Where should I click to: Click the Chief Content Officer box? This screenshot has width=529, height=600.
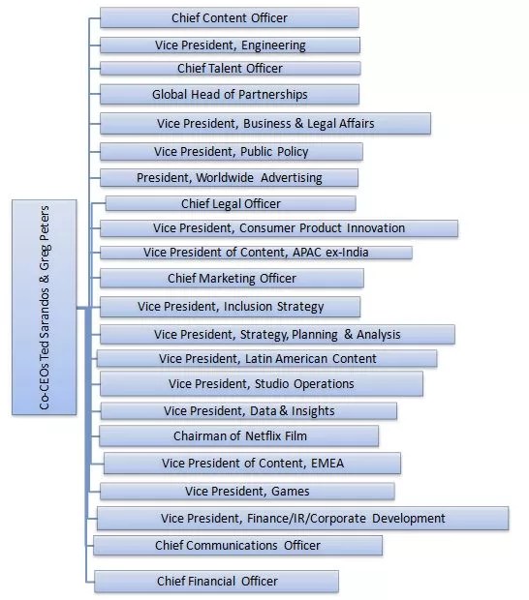tap(230, 17)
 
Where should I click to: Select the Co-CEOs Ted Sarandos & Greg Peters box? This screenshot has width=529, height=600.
tap(44, 307)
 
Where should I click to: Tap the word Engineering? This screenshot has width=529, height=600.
tap(273, 45)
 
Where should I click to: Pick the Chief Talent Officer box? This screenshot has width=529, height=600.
tap(231, 69)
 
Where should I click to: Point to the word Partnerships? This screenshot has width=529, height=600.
tap(273, 95)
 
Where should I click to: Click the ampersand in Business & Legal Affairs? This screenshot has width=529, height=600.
tap(298, 123)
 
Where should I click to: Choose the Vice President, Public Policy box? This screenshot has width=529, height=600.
tap(232, 152)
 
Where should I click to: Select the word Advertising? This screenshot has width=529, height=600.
tap(292, 178)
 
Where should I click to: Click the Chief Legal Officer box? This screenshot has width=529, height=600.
tap(231, 203)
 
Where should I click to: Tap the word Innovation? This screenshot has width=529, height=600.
tap(376, 228)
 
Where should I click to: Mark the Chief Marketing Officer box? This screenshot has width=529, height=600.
tap(232, 278)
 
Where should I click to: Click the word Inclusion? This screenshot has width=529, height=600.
tap(248, 307)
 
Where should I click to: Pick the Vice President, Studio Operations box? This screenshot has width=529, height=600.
tap(262, 383)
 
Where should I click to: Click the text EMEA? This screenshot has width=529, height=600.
tap(327, 464)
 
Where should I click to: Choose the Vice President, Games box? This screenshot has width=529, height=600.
tap(247, 492)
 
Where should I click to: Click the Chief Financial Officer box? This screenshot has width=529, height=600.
tap(216, 582)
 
